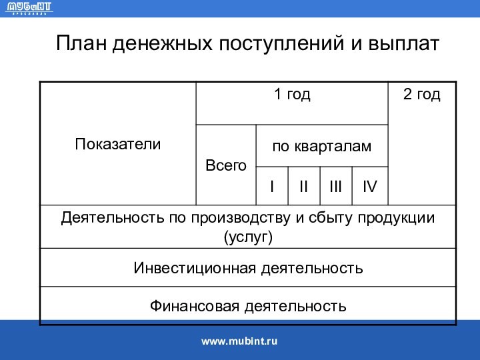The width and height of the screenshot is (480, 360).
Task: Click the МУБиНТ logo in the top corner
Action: [29, 9]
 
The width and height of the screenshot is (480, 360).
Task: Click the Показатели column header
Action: [118, 143]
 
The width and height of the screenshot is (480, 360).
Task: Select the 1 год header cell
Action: [292, 95]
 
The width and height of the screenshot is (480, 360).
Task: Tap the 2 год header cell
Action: [421, 95]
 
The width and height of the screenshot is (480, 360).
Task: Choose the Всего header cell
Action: [225, 165]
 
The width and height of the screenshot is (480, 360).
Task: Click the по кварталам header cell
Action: [321, 145]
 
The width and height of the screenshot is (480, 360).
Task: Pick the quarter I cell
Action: [271, 186]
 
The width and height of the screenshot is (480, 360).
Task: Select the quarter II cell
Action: [303, 186]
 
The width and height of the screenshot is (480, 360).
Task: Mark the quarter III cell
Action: [336, 186]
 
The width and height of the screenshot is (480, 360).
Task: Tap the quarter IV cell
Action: [369, 186]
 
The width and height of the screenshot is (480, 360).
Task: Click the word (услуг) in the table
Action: [248, 236]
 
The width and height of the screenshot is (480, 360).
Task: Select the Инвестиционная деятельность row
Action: [248, 268]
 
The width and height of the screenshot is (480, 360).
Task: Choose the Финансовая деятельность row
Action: [248, 306]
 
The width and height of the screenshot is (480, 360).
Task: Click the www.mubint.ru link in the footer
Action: [239, 341]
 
